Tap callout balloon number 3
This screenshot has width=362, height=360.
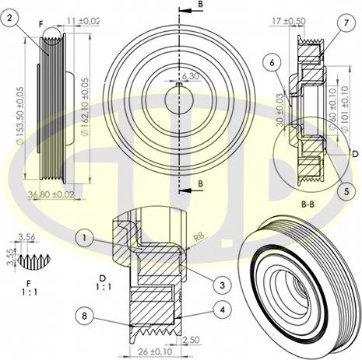click(x=223, y=285)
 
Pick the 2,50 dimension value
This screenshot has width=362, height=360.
click(x=190, y=340)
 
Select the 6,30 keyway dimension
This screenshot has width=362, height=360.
click(x=190, y=76)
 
